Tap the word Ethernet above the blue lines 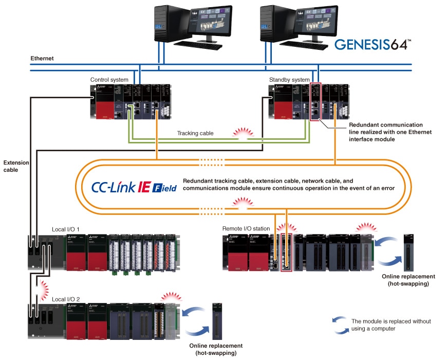point(42,59)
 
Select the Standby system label point(289,80)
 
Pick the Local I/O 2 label point(66,299)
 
